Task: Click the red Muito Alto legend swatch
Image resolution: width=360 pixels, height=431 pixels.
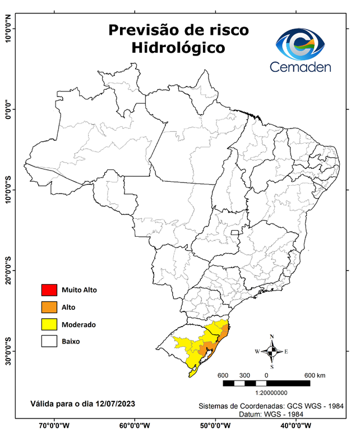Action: pyautogui.click(x=49, y=290)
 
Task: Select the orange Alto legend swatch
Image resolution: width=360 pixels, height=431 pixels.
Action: pyautogui.click(x=49, y=307)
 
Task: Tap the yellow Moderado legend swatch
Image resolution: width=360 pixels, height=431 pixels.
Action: pyautogui.click(x=49, y=324)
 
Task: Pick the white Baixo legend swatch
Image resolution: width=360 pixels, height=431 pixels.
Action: pyautogui.click(x=49, y=341)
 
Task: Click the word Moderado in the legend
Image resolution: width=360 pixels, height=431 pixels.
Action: pyautogui.click(x=79, y=324)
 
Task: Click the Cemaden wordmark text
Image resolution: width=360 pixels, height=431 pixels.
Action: pyautogui.click(x=301, y=67)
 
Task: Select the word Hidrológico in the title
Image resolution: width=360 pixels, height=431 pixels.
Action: pyautogui.click(x=178, y=48)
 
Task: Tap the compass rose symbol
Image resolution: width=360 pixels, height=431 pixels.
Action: pyautogui.click(x=271, y=352)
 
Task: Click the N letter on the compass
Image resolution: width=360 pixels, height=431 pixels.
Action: pyautogui.click(x=272, y=337)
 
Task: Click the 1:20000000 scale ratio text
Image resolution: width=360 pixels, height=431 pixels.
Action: pyautogui.click(x=271, y=394)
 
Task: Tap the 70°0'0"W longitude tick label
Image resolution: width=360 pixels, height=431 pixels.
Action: pyautogui.click(x=54, y=425)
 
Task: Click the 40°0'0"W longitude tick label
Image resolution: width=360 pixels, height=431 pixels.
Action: pyautogui.click(x=297, y=425)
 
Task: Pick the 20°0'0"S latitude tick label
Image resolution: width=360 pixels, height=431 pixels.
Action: pyautogui.click(x=8, y=270)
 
